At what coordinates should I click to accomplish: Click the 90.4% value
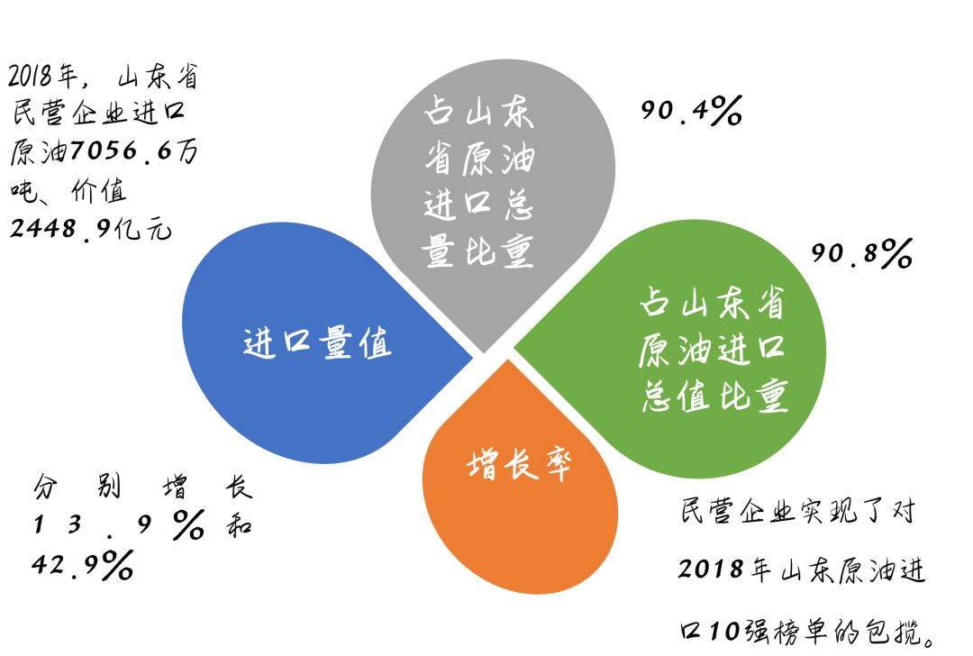pyautogui.click(x=691, y=112)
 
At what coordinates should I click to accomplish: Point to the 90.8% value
pyautogui.click(x=861, y=254)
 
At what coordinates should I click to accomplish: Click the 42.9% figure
pyautogui.click(x=82, y=565)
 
